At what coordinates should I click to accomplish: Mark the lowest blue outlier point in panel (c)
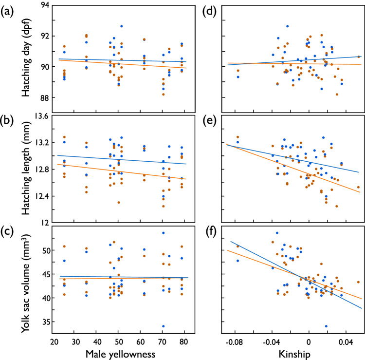click(x=163, y=326)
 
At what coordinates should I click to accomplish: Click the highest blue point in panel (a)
click(x=122, y=26)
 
